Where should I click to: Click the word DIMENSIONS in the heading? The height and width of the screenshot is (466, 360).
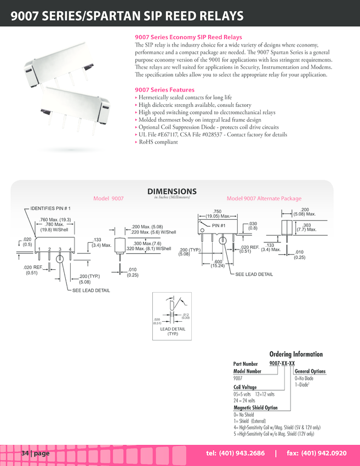coord(172,191)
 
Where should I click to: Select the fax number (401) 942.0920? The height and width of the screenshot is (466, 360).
coord(317,453)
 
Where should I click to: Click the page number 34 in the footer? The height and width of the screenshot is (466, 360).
coord(25,453)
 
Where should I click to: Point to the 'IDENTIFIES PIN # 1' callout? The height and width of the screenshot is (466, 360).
coord(50,209)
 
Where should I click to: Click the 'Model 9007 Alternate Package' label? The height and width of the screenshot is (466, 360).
coord(264,198)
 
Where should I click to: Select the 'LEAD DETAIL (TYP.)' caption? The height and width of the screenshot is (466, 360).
coord(173,331)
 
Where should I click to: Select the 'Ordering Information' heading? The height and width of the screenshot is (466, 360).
coord(296,354)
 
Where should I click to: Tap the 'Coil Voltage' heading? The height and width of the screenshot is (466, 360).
coord(245,387)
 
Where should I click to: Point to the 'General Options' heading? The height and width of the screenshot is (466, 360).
coord(310,371)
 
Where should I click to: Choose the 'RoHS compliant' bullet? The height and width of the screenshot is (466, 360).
coord(158,142)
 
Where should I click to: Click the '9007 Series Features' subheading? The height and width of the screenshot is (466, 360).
coord(164,90)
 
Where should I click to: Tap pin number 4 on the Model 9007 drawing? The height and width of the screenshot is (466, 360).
coord(70,249)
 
